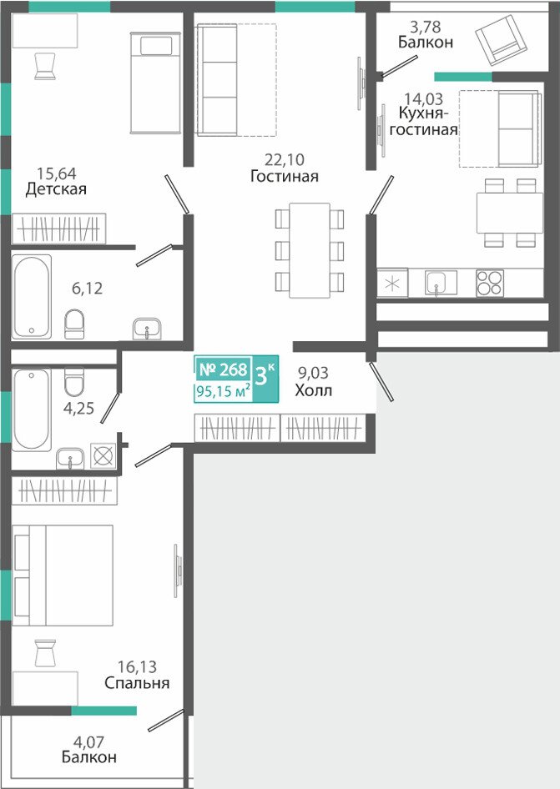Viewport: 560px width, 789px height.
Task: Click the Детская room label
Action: [x=56, y=189]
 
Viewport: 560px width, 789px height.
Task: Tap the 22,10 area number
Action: [x=285, y=160]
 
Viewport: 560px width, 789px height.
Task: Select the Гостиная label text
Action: [x=285, y=176]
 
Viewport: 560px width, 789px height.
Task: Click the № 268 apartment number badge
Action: [x=224, y=369]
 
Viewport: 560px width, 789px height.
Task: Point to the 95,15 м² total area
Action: [x=224, y=391]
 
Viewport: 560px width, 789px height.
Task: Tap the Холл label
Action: [x=313, y=390]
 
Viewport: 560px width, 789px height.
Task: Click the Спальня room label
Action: [x=137, y=683]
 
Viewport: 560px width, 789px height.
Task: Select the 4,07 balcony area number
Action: [x=89, y=741]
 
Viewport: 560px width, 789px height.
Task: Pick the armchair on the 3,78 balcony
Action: [x=497, y=40]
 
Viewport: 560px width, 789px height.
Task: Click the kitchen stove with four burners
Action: [x=490, y=283]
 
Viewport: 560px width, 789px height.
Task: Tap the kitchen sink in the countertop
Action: [x=441, y=282]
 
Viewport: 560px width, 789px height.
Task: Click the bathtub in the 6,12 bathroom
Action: [x=32, y=296]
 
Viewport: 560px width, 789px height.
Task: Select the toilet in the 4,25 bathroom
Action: [x=74, y=381]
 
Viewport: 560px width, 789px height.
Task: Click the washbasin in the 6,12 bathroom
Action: [x=147, y=329]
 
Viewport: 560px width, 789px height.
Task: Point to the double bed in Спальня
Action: [x=63, y=575]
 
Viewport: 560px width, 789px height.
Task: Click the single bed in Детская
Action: [x=155, y=83]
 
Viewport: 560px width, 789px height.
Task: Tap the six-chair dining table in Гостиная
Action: [x=310, y=249]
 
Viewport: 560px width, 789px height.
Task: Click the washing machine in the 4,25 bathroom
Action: [x=103, y=456]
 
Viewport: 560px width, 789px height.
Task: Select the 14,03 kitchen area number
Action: [x=424, y=98]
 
